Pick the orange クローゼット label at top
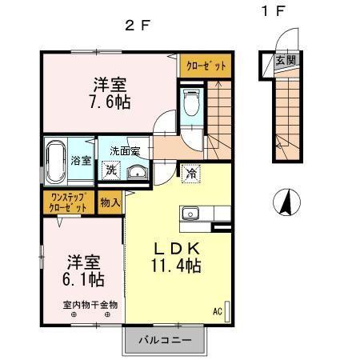click(206, 66)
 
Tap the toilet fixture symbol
click(192, 102)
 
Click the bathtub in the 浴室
click(57, 161)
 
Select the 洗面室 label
click(125, 151)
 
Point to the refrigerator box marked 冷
click(191, 171)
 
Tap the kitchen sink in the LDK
click(191, 213)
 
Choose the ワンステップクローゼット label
click(69, 202)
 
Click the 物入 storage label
click(110, 202)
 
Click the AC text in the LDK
click(218, 311)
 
